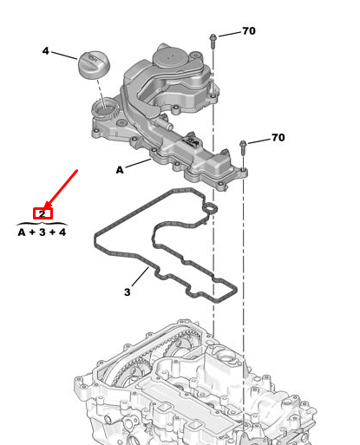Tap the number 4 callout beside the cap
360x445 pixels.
pos(45,51)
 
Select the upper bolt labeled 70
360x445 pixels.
pos(213,41)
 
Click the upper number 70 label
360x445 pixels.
pos(249,31)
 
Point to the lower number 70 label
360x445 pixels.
pos(278,137)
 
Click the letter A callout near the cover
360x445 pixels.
pos(120,170)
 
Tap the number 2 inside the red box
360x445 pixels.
pos(43,214)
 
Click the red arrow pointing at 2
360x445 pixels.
pos(61,189)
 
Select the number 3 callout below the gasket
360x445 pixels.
pos(127,292)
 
